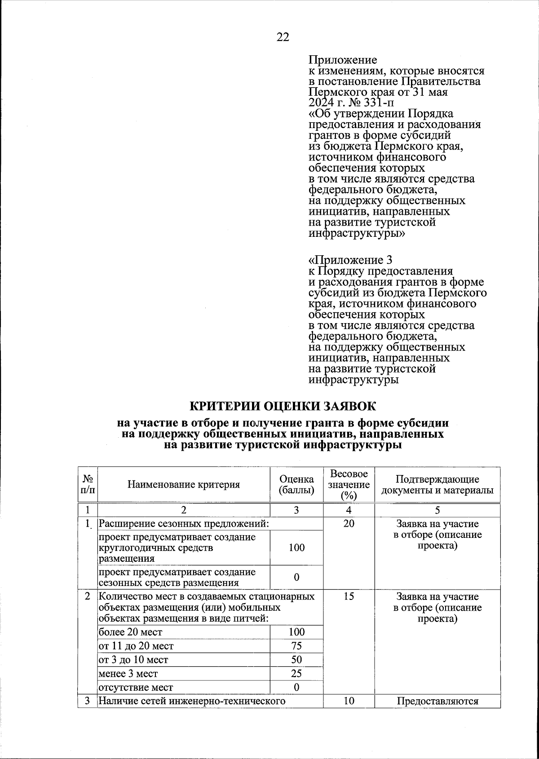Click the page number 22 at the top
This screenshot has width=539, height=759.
[283, 37]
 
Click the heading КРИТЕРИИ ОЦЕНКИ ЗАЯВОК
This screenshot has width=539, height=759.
[283, 406]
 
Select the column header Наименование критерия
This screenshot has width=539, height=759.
[184, 484]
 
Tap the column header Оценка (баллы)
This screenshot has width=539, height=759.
[296, 484]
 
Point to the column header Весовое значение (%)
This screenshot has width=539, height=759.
[349, 484]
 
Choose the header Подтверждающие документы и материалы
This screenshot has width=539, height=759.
[437, 484]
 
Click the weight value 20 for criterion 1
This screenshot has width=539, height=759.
[349, 524]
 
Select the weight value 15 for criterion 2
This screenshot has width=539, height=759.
[349, 596]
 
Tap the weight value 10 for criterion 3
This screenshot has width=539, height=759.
[349, 701]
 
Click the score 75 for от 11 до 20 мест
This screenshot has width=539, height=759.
[296, 646]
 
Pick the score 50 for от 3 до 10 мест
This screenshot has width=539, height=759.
[296, 660]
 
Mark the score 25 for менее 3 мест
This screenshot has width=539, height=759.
[296, 674]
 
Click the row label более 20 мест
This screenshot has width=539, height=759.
[131, 632]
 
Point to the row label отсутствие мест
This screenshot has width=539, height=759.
[136, 688]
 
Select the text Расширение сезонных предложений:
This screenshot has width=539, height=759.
[184, 524]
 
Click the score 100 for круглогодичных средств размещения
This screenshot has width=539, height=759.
[296, 547]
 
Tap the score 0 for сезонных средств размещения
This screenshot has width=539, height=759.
[296, 577]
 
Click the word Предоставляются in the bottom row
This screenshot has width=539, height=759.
[437, 701]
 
